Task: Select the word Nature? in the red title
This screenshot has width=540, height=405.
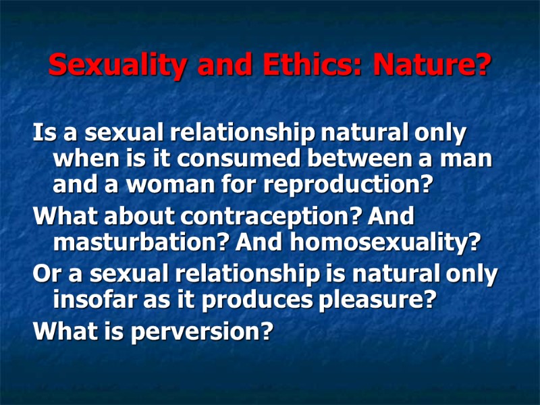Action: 433,65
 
